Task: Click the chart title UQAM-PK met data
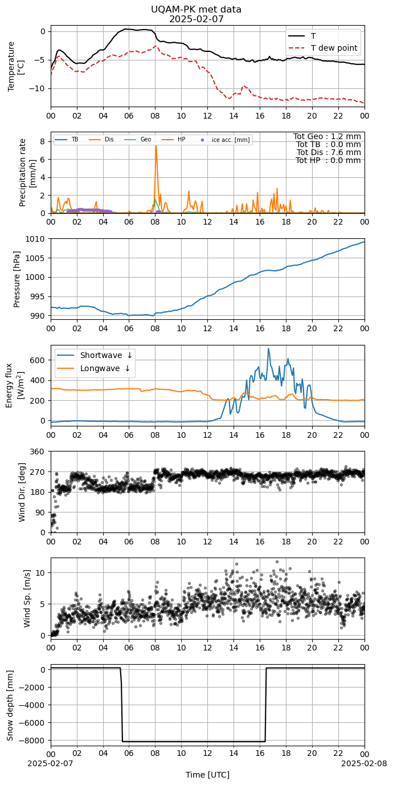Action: [196, 10]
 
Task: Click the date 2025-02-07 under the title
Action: [196, 19]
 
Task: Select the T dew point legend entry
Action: [323, 48]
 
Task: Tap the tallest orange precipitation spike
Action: [156, 146]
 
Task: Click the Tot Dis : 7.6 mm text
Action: [329, 152]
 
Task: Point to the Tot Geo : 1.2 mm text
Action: [327, 136]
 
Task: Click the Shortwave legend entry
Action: [95, 355]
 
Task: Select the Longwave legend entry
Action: [93, 368]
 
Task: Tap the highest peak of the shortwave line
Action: [269, 348]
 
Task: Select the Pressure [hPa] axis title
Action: [17, 279]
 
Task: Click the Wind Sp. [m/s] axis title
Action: [27, 599]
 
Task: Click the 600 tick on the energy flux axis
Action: [39, 360]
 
